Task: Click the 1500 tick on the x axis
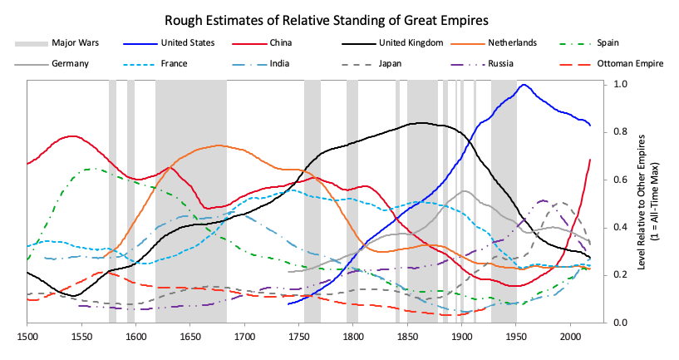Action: [x=27, y=338]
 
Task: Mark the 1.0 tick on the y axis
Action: [x=621, y=84]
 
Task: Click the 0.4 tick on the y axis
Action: [x=621, y=227]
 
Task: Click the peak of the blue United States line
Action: [x=524, y=85]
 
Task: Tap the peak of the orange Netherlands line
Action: [x=219, y=145]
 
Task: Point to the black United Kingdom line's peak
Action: [x=421, y=123]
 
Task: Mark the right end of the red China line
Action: [x=590, y=159]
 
